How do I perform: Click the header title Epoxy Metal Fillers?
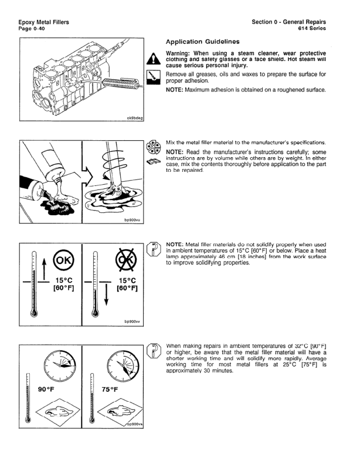pyautogui.click(x=43, y=22)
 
